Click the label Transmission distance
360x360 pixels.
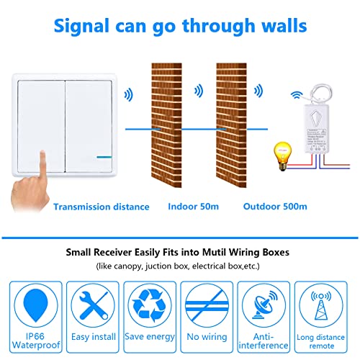pos(101,207)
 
